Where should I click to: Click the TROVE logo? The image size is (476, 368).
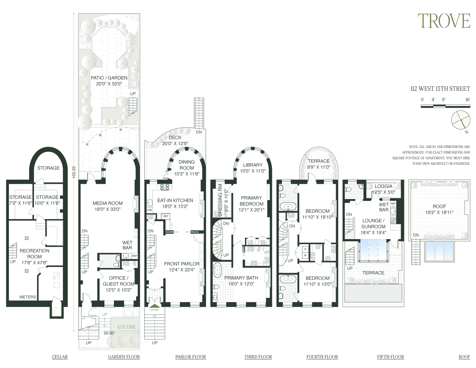[x=443, y=21]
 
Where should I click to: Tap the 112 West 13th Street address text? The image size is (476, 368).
[x=440, y=89]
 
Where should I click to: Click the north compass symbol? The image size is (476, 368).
[x=460, y=120]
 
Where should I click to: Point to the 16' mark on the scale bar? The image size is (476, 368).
[x=467, y=100]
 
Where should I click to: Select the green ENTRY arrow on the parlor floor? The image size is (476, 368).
[x=155, y=306]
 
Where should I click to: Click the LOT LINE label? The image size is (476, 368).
[x=126, y=327]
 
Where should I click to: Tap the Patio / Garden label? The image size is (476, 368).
[x=109, y=78]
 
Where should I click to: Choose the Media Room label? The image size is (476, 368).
[x=108, y=203]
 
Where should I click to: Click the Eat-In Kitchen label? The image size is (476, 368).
[x=175, y=200]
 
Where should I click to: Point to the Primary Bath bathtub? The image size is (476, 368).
[x=218, y=270]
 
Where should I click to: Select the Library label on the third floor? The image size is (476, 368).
[x=253, y=165]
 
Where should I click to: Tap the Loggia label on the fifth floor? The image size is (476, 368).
[x=383, y=186]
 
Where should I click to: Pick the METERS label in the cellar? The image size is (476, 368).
[x=28, y=297]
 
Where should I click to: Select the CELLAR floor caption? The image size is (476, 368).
[x=60, y=357]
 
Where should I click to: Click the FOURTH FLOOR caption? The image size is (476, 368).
[x=322, y=357]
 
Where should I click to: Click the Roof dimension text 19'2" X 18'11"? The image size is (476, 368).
[x=439, y=212]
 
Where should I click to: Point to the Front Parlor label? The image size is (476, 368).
[x=182, y=264]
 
